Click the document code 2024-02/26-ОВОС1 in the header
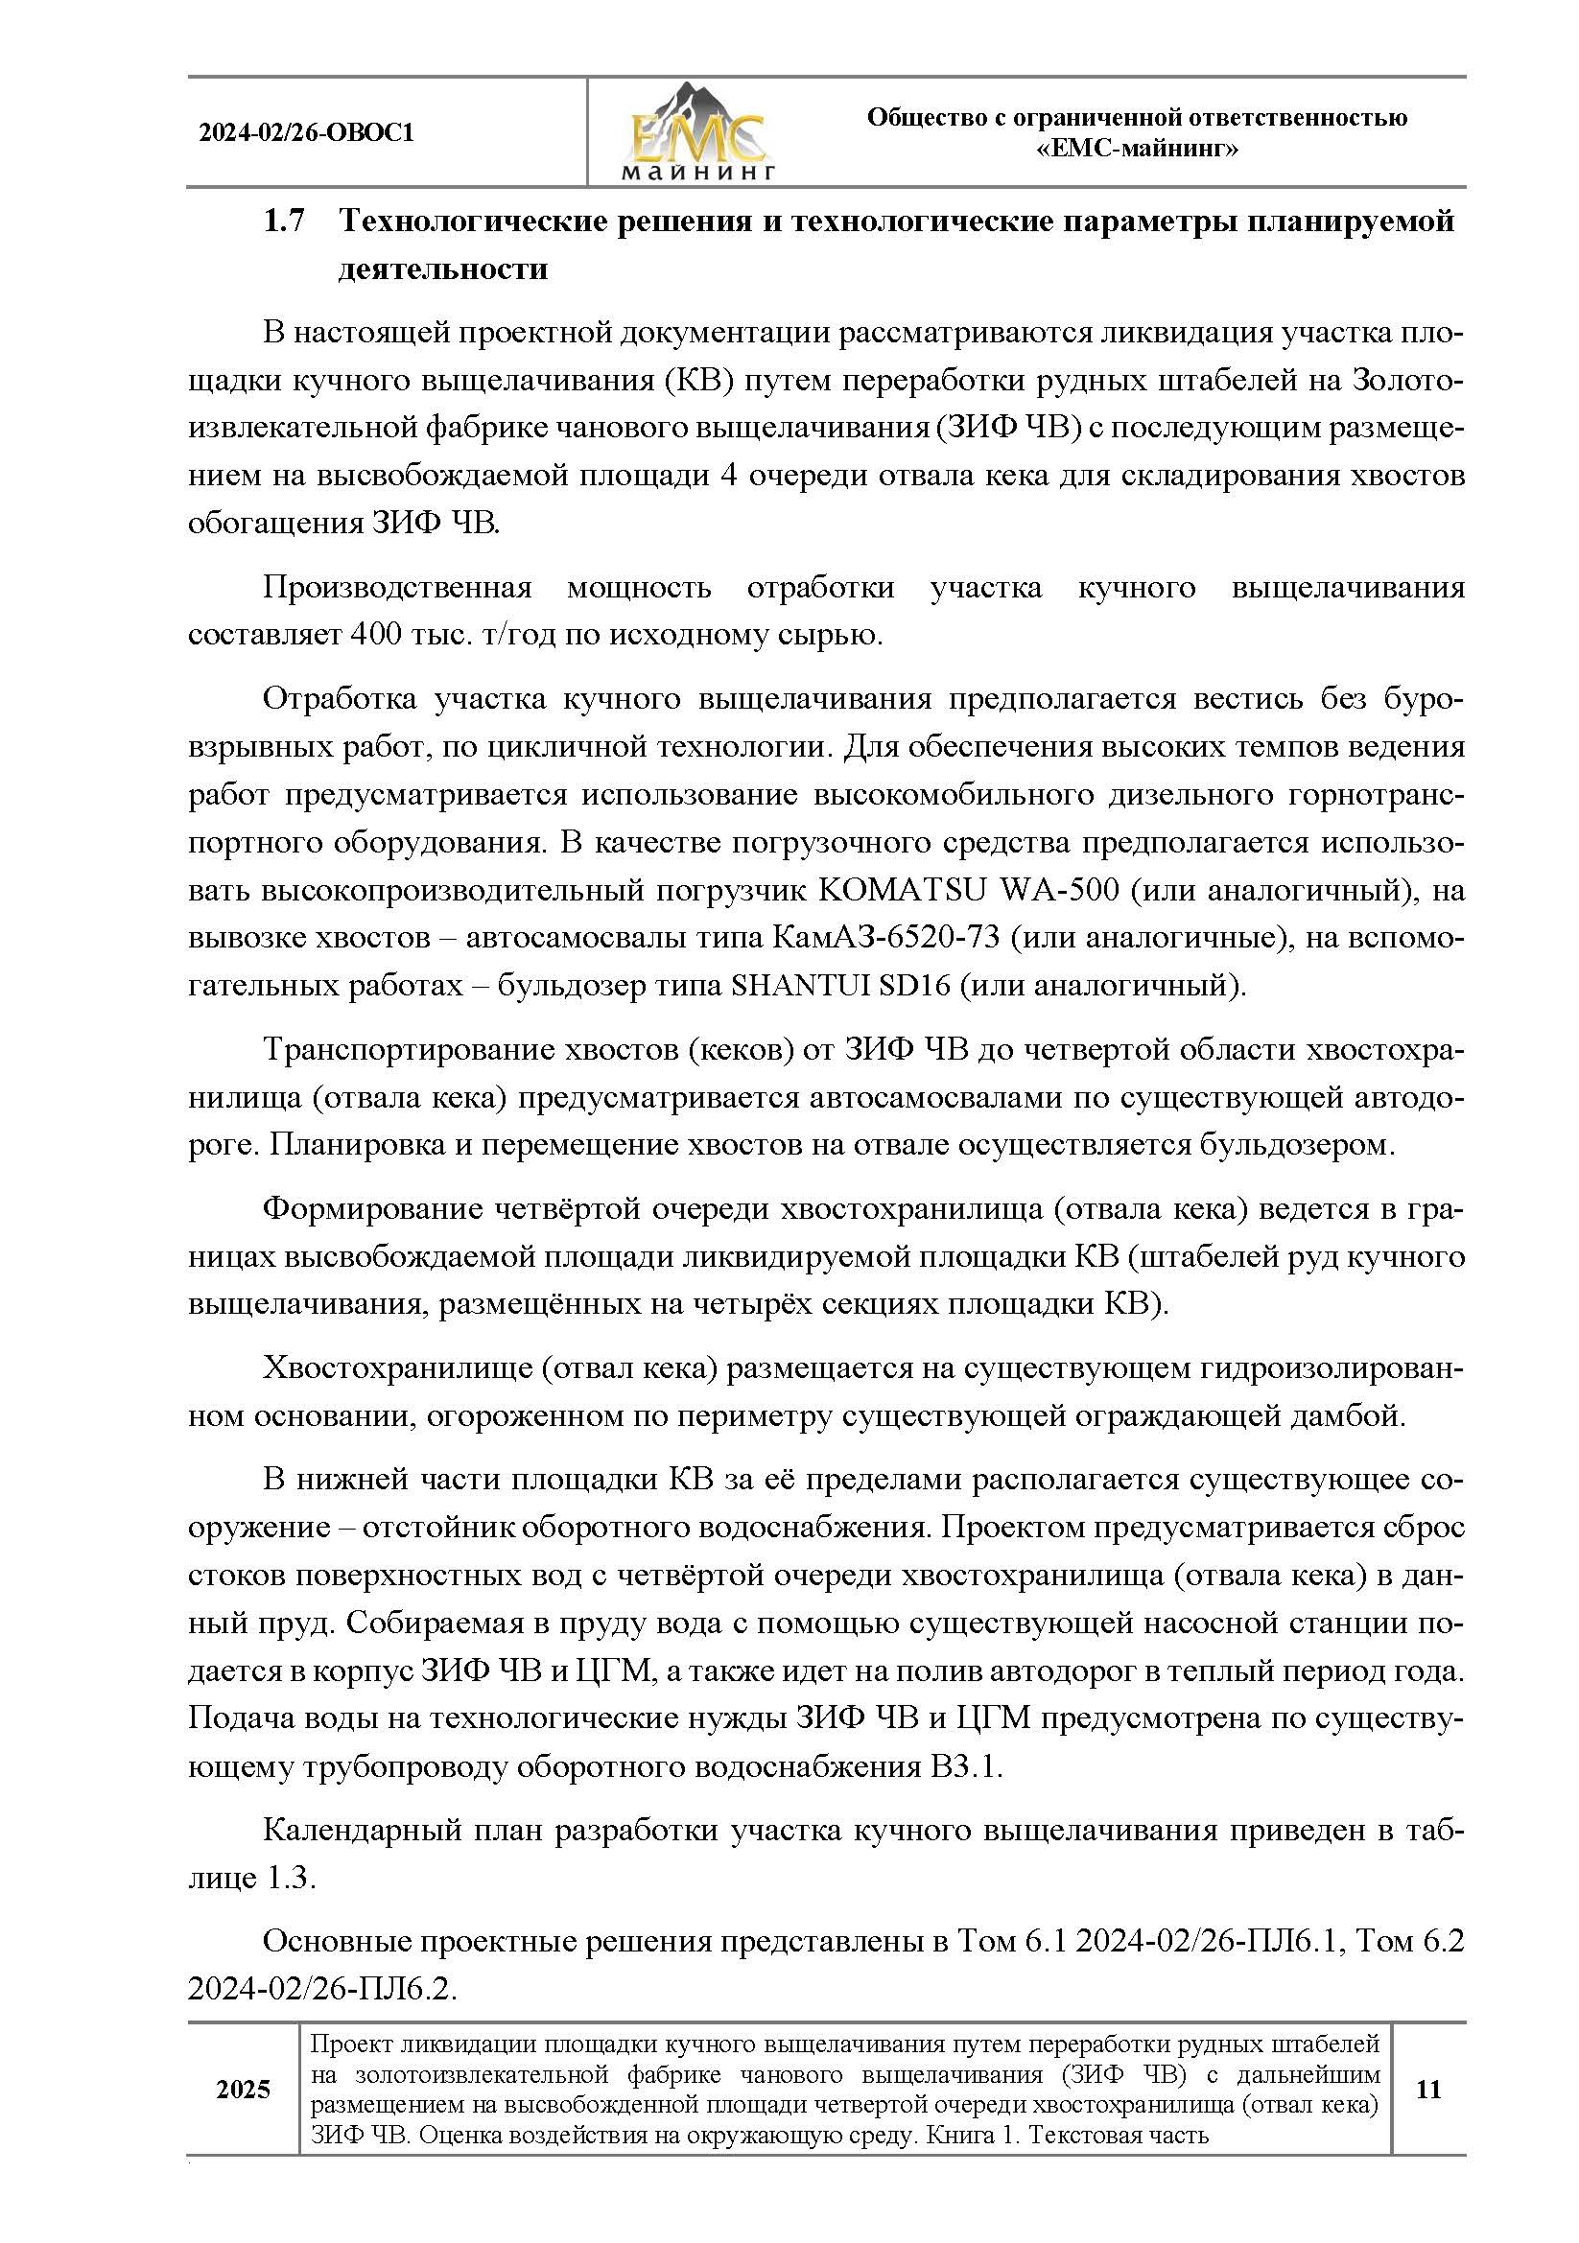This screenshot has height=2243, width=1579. click(x=307, y=133)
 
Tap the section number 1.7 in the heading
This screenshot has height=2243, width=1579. click(x=284, y=222)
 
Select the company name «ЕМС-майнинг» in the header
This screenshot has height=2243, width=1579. click(x=1137, y=150)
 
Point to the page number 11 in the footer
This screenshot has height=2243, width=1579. click(x=1427, y=2090)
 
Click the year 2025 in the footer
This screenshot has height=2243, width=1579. click(x=243, y=2090)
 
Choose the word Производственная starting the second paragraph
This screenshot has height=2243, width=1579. click(x=397, y=588)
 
